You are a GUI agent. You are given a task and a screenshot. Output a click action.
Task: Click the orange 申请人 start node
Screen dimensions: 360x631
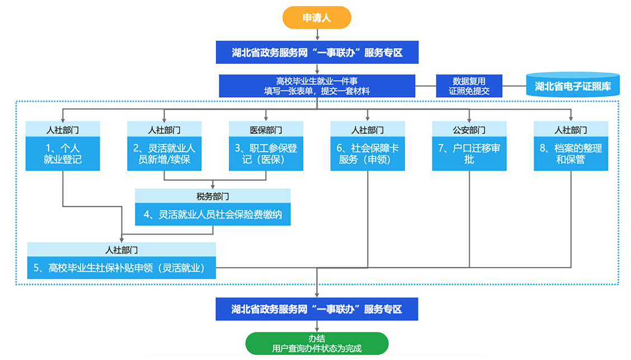pyautogui.click(x=317, y=18)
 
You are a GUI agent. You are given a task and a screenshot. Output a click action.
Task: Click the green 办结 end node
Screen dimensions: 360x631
pyautogui.click(x=317, y=343)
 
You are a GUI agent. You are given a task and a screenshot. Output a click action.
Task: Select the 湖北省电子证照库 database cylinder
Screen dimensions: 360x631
pyautogui.click(x=572, y=85)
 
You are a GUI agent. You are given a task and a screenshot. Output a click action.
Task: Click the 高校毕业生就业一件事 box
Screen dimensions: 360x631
pyautogui.click(x=317, y=86)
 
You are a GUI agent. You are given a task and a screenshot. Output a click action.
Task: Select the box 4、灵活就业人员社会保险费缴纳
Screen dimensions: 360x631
pyautogui.click(x=213, y=214)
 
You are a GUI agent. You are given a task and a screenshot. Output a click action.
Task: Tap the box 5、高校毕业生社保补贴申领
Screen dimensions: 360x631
pyautogui.click(x=121, y=268)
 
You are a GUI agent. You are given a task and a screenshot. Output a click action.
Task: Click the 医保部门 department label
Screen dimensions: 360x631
pyautogui.click(x=266, y=130)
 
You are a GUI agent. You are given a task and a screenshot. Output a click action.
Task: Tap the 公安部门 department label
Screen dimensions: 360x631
pyautogui.click(x=469, y=130)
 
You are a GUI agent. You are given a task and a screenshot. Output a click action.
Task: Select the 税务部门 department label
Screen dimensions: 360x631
pyautogui.click(x=213, y=196)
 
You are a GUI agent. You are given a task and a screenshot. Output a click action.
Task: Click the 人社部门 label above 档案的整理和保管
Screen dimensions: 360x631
pyautogui.click(x=571, y=130)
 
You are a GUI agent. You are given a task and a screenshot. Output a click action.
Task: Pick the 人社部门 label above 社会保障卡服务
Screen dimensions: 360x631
pyautogui.click(x=367, y=130)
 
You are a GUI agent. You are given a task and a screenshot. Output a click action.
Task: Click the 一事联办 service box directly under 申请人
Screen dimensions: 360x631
pyautogui.click(x=317, y=53)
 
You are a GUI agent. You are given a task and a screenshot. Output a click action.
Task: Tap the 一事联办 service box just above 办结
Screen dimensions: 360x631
pyautogui.click(x=317, y=309)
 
